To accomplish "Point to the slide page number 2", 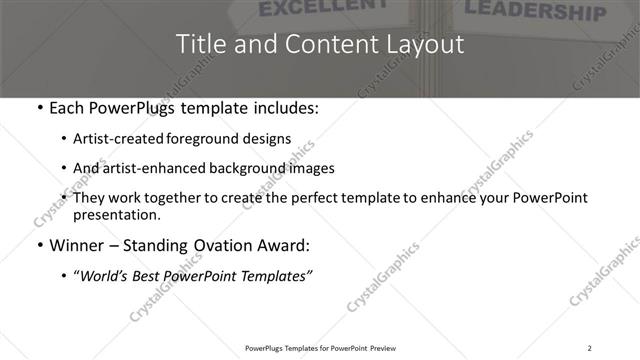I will (x=589, y=347).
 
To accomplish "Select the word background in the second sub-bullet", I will (x=265, y=168).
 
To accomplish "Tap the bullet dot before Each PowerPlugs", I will (x=38, y=108).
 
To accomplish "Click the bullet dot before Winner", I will (x=38, y=245).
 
